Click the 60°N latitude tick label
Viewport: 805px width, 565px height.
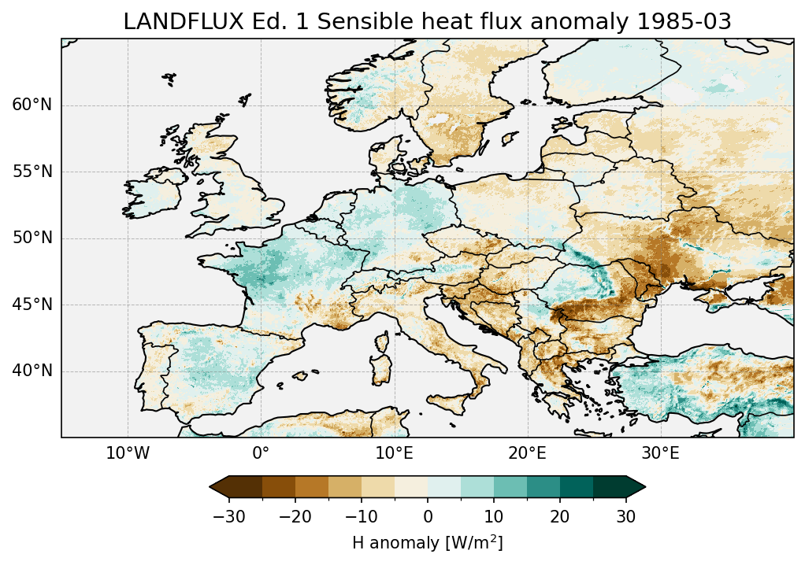pos(32,105)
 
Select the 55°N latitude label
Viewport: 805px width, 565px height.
pos(32,172)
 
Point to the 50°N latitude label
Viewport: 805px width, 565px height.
pos(32,238)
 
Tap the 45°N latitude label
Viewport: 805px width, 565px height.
pos(32,305)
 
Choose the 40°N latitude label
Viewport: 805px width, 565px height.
pos(32,371)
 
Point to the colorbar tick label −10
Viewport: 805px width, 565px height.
pos(359,516)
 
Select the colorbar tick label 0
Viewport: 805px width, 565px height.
pos(428,516)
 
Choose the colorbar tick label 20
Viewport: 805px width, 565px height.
pos(560,516)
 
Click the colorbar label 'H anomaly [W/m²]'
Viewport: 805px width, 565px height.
pos(427,542)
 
